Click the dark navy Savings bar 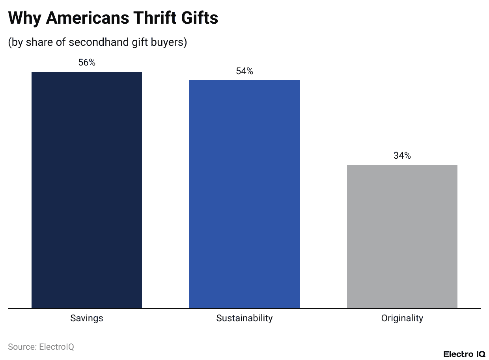(87, 189)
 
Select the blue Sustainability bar (244, 193)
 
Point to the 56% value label (87, 62)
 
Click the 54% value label (244, 71)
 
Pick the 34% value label (402, 156)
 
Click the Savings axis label (87, 318)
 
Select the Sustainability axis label (244, 318)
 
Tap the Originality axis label (402, 318)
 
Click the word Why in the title (24, 18)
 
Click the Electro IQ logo (464, 354)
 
